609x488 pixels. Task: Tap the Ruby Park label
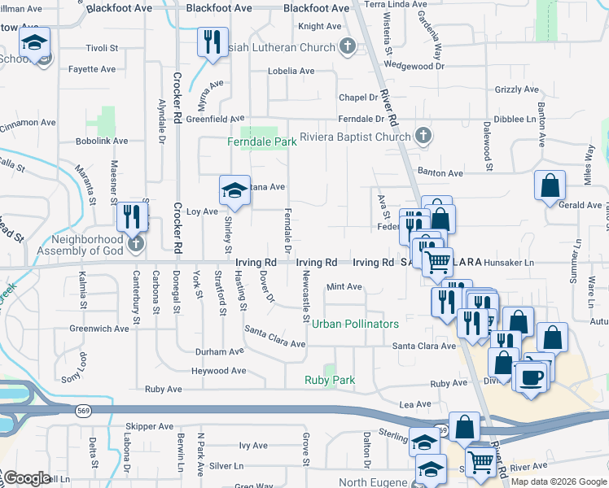point(330,380)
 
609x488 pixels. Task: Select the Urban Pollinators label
point(356,324)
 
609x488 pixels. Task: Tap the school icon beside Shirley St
point(234,190)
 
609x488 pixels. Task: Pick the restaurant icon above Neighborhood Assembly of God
point(129,216)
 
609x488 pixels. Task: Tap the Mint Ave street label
point(344,287)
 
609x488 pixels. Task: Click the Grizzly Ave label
point(513,89)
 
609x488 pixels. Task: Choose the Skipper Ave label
point(150,426)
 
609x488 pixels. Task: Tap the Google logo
point(27,478)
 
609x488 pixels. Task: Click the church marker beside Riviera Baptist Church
point(423,136)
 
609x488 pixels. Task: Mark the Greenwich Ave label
point(99,329)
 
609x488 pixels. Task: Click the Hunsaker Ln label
point(509,263)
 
